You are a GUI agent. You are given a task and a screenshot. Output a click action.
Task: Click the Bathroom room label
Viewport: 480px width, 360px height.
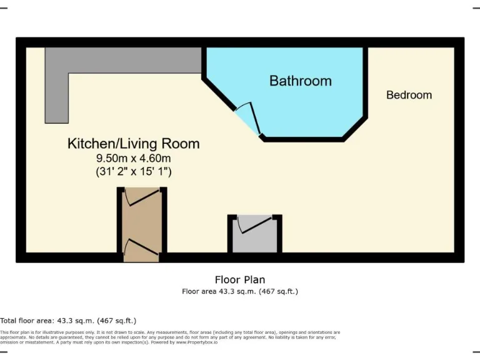coord(300,81)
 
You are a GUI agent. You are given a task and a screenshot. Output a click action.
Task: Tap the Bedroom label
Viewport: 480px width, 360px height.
coord(409,95)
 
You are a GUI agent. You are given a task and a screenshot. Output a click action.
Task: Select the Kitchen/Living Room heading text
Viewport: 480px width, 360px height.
coord(133,144)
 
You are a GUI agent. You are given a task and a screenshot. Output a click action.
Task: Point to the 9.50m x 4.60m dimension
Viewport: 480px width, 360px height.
coord(133,158)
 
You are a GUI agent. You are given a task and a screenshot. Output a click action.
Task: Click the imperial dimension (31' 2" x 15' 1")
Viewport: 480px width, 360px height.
coord(133,170)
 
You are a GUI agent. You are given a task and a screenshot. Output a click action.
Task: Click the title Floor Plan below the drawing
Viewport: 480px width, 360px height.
coord(240,279)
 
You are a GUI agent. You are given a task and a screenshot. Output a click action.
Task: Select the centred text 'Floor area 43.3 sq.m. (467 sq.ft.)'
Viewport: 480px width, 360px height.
coord(240,291)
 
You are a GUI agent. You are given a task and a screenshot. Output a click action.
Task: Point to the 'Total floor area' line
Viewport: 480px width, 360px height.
coord(68,320)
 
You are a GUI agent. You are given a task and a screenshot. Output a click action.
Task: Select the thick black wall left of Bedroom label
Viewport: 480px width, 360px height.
coord(366,81)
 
